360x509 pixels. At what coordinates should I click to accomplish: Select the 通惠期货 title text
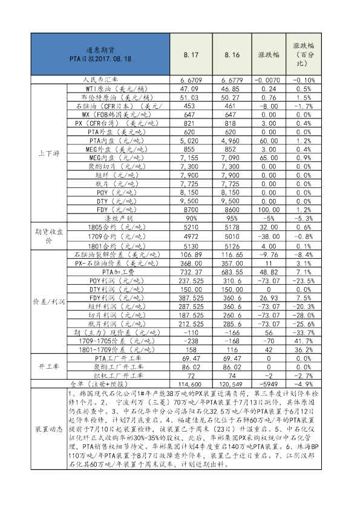pyautogui.click(x=100, y=50)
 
